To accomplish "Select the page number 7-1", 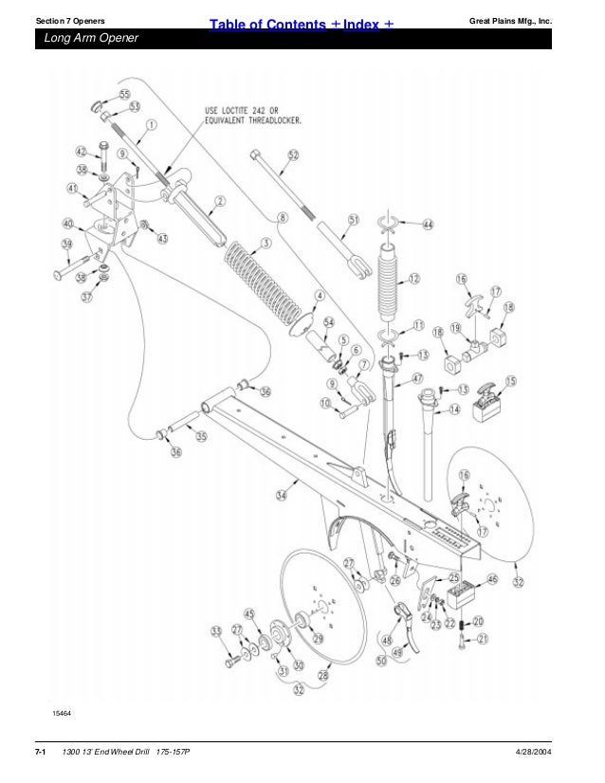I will [41, 752].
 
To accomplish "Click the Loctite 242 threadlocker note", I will [257, 116].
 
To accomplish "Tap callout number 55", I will [125, 95].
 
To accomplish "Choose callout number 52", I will [293, 155].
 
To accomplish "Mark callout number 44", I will [428, 225].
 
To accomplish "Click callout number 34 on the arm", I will [282, 494].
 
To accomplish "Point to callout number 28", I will [322, 675].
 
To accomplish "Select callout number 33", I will [216, 630].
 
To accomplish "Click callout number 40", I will [67, 223].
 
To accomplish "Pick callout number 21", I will [481, 639].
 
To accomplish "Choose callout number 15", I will [511, 381].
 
